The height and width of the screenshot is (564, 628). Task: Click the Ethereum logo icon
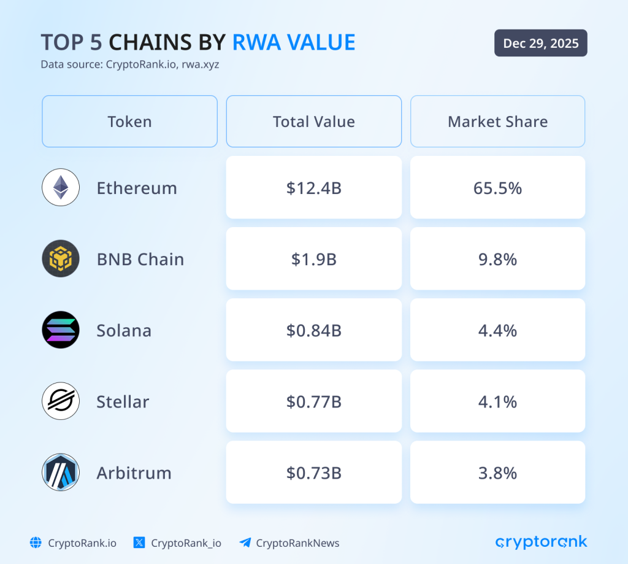click(61, 187)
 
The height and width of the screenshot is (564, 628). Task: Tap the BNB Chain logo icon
click(61, 258)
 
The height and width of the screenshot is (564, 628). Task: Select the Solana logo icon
click(61, 330)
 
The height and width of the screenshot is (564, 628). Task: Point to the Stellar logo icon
click(61, 401)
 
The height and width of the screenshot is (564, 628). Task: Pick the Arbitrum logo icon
click(61, 473)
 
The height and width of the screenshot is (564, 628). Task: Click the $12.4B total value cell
click(313, 188)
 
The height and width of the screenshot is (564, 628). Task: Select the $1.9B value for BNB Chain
click(313, 259)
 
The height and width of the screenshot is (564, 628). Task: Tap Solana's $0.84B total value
click(313, 330)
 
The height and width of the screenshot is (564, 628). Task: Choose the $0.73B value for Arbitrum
click(313, 473)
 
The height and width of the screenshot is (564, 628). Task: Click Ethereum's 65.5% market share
click(497, 188)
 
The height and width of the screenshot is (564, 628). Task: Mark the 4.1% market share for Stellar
click(497, 401)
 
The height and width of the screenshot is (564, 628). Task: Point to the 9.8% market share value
click(497, 259)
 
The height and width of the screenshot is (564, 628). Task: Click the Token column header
click(129, 122)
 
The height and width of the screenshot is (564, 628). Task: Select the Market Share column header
click(497, 122)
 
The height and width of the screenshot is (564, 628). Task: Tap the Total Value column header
click(313, 122)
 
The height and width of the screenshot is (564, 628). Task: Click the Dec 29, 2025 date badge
click(540, 43)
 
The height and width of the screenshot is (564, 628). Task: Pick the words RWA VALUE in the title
click(294, 42)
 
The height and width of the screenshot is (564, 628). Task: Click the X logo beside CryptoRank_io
click(139, 543)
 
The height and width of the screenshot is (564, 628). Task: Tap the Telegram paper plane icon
click(245, 543)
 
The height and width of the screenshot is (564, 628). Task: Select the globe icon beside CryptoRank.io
click(36, 543)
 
